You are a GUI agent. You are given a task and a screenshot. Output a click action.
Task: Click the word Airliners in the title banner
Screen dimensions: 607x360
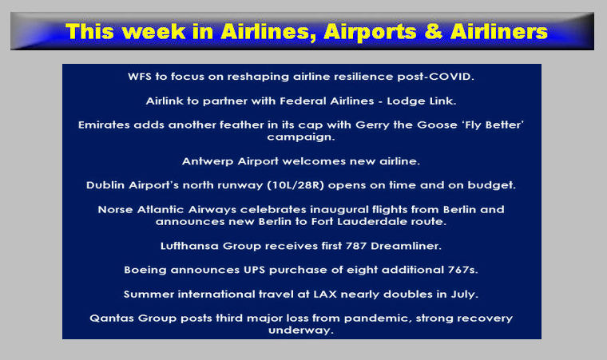coord(499,31)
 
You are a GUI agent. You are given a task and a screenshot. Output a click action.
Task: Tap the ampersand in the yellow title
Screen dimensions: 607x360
coord(433,32)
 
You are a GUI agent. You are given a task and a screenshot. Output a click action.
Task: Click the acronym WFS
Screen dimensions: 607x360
coord(139,77)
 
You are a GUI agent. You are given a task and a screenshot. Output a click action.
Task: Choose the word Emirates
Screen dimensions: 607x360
coord(104,125)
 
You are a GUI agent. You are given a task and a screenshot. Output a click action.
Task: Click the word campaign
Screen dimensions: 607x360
coord(301,137)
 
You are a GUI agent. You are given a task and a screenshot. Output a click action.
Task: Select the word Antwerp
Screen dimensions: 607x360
coord(208,161)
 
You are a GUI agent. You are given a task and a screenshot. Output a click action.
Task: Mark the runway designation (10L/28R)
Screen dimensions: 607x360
coord(296,185)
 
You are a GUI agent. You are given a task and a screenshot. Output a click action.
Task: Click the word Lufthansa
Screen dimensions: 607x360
coord(190,246)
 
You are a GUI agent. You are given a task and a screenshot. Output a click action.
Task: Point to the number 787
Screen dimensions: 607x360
coord(355,246)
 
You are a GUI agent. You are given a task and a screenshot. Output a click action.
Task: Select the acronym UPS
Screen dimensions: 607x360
coord(254,270)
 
